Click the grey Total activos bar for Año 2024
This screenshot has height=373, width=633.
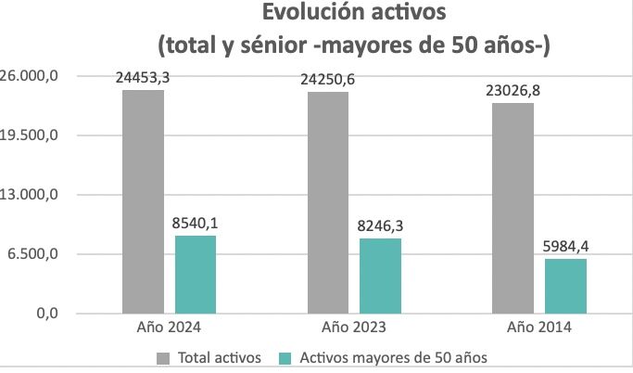(x=143, y=201)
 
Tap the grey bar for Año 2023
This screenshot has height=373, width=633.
(x=328, y=202)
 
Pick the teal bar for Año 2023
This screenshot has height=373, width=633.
(x=380, y=276)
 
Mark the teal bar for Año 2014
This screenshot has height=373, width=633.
(x=565, y=286)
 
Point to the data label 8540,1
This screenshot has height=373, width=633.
(x=196, y=224)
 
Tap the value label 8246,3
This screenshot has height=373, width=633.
(x=380, y=226)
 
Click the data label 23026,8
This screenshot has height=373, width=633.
(x=513, y=91)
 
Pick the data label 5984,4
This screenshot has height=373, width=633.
(x=565, y=247)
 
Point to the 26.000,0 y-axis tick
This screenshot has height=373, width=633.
(x=31, y=75)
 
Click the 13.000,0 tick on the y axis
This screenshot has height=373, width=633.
(x=31, y=195)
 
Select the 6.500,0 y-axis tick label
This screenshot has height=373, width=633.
(x=34, y=254)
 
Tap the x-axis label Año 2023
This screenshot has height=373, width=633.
(x=354, y=328)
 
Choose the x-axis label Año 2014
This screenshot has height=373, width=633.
(x=538, y=328)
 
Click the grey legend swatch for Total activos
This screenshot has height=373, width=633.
(x=163, y=356)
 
